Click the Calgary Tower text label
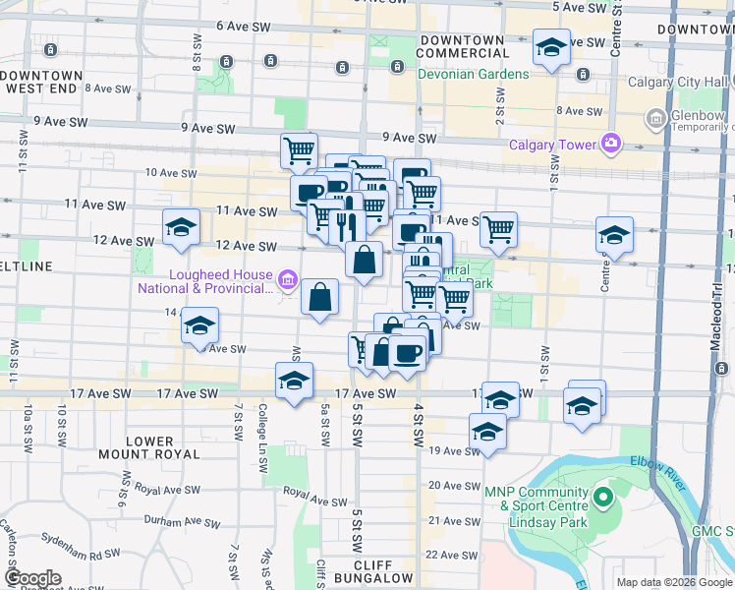[553, 145]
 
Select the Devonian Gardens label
[474, 74]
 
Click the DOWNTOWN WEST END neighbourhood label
[44, 82]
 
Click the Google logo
[32, 578]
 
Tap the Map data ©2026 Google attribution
[674, 582]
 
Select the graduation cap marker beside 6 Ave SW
[551, 48]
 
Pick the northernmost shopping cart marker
[299, 151]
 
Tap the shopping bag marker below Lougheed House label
[320, 297]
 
